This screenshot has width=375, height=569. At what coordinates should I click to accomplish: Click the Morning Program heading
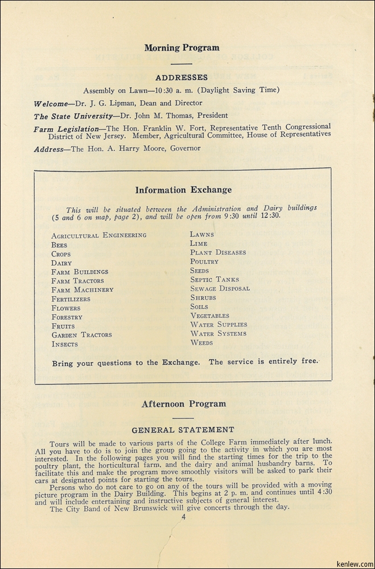click(182, 48)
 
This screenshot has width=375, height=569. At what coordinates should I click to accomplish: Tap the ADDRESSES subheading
click(182, 77)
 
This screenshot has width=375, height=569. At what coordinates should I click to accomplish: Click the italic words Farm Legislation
click(67, 129)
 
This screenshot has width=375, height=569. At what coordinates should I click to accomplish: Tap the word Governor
click(182, 149)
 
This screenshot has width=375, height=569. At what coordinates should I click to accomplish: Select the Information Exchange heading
click(183, 190)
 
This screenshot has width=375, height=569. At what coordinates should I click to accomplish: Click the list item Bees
click(59, 245)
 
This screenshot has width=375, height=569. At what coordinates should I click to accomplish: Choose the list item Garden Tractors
click(81, 335)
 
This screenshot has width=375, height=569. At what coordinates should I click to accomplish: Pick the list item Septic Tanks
click(215, 279)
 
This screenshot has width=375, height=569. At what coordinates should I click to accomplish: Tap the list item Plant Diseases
click(218, 252)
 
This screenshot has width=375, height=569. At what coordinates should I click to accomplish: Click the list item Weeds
click(201, 343)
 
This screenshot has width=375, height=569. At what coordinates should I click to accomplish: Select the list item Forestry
click(67, 317)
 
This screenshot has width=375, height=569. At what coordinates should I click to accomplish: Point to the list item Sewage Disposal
click(220, 288)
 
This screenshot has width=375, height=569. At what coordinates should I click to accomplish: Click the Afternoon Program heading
click(183, 404)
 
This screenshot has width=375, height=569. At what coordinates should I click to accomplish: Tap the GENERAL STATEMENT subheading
click(183, 430)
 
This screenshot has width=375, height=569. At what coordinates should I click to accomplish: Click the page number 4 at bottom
click(184, 517)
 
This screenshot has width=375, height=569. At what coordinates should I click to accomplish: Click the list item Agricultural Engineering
click(98, 235)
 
